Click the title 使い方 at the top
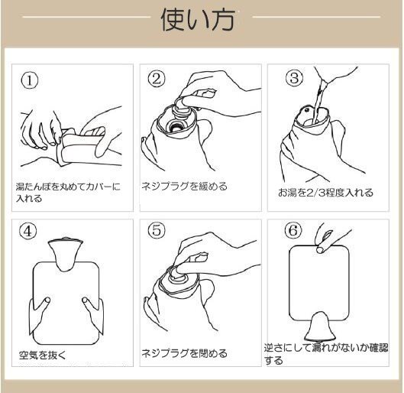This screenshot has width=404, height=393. (198, 21)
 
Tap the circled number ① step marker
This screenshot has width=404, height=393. (30, 80)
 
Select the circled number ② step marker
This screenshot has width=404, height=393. (157, 79)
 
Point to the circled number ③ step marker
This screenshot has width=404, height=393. (295, 78)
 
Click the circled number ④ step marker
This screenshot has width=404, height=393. (27, 231)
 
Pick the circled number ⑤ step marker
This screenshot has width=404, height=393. (157, 230)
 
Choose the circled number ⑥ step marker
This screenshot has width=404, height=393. (293, 230)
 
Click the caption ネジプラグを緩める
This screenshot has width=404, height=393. (185, 186)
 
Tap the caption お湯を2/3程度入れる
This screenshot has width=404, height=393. (325, 193)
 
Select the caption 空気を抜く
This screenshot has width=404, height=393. (43, 355)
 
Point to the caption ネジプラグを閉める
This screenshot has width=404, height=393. (185, 353)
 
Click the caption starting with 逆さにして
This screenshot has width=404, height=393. (326, 354)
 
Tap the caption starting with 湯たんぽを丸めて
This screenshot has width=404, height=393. (68, 193)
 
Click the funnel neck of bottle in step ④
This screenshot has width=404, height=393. (66, 254)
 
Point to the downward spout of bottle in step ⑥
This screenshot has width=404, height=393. (320, 326)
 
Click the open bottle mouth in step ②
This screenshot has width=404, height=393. (176, 126)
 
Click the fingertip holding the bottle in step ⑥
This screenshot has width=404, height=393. (320, 249)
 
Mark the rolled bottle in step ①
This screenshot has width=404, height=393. (81, 147)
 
